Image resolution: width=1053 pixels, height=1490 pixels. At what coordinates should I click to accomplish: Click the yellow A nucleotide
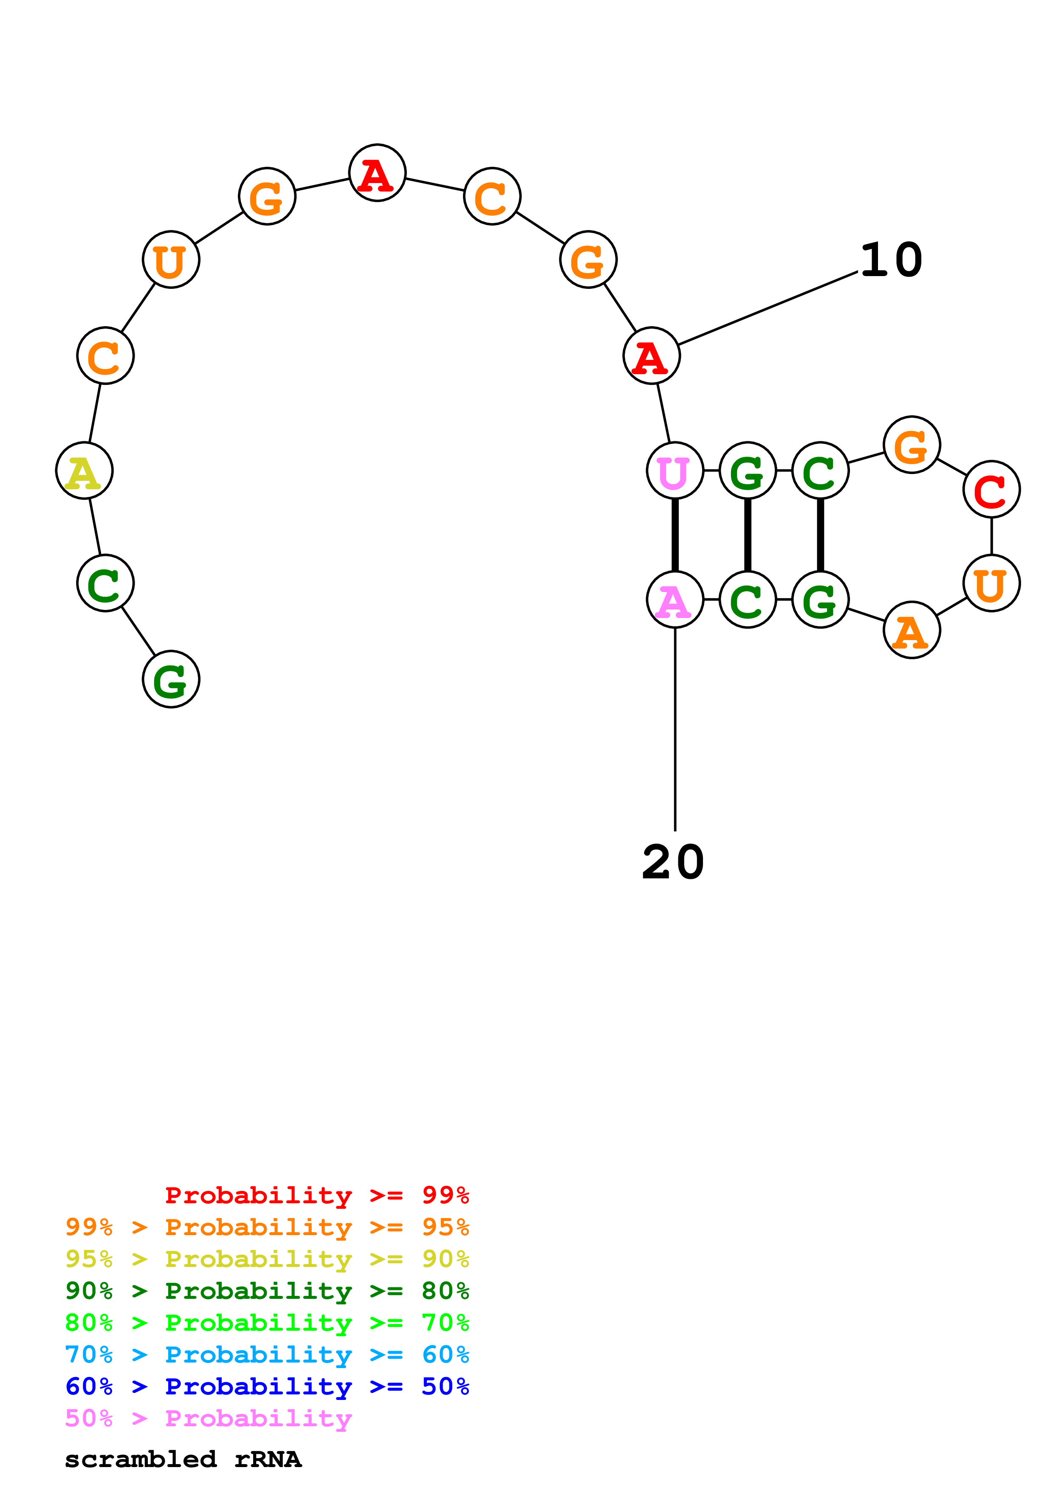(85, 471)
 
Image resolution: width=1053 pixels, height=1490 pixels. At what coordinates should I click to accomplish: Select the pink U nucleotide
(675, 471)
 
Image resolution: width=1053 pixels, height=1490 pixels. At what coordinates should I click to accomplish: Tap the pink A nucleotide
(675, 600)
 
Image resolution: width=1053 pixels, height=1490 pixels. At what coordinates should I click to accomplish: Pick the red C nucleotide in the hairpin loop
(991, 489)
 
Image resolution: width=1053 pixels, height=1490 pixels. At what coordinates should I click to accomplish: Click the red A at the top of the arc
(377, 173)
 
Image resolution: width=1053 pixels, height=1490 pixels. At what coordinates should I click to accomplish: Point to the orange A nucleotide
(912, 630)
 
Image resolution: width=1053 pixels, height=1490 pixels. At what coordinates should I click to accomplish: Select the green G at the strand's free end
(171, 680)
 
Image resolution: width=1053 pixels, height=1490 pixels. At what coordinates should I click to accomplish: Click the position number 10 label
(891, 260)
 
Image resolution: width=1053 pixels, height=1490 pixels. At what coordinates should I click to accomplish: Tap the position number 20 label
(673, 863)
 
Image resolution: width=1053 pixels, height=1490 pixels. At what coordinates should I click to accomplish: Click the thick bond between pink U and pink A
(675, 535)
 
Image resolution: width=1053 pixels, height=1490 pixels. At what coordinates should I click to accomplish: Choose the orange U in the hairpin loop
(991, 584)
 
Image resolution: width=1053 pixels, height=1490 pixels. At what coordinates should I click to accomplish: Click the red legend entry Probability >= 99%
(316, 1195)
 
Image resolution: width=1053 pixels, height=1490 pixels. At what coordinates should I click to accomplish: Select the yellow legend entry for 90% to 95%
(267, 1259)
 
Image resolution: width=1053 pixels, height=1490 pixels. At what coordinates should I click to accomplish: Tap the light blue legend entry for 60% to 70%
(267, 1355)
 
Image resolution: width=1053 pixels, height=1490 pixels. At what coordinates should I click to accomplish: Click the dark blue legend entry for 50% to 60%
(267, 1386)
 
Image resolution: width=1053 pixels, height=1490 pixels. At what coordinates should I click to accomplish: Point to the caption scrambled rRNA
(183, 1459)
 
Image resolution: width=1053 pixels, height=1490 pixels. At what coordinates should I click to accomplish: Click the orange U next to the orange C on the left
(171, 260)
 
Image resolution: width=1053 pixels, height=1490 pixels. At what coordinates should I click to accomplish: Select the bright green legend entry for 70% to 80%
(267, 1323)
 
